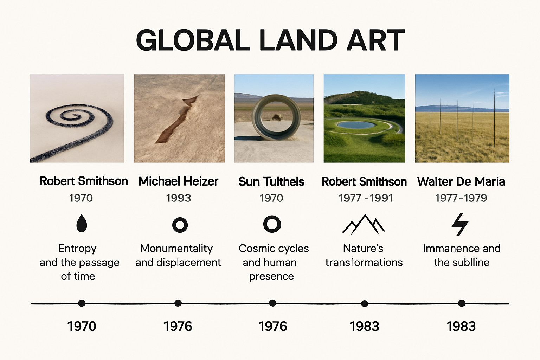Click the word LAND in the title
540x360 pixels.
[x=298, y=40]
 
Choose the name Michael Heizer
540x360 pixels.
[x=178, y=181]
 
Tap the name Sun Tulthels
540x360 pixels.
[x=271, y=182]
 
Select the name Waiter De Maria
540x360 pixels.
[x=461, y=181]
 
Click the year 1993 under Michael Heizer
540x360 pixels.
[x=178, y=198]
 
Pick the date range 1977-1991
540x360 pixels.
[x=365, y=198]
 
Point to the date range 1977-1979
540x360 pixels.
[x=461, y=198]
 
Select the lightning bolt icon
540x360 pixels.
[x=460, y=224]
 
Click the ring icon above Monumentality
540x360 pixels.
[x=180, y=225]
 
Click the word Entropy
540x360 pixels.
[x=77, y=248]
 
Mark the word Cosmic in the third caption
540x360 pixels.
[x=255, y=248]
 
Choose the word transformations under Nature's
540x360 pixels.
[x=364, y=262]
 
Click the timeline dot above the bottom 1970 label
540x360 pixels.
[x=82, y=303]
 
